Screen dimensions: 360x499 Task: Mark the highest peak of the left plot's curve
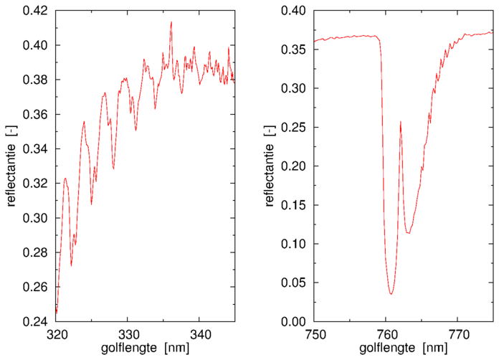171,22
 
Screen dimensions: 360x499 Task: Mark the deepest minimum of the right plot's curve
391,294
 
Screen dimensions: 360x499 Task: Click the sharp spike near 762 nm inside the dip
400,122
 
